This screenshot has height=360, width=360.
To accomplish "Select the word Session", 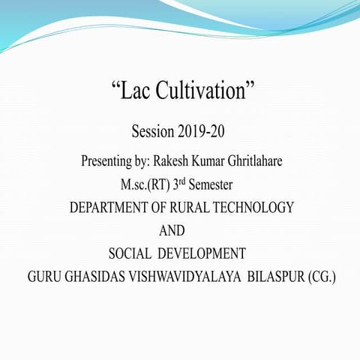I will (x=153, y=133).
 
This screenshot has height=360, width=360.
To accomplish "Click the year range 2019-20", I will (x=202, y=133).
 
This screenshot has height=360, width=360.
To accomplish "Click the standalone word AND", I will (x=172, y=230).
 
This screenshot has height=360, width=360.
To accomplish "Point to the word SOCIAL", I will (x=132, y=253).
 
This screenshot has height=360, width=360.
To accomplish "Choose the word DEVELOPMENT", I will (x=205, y=253).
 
